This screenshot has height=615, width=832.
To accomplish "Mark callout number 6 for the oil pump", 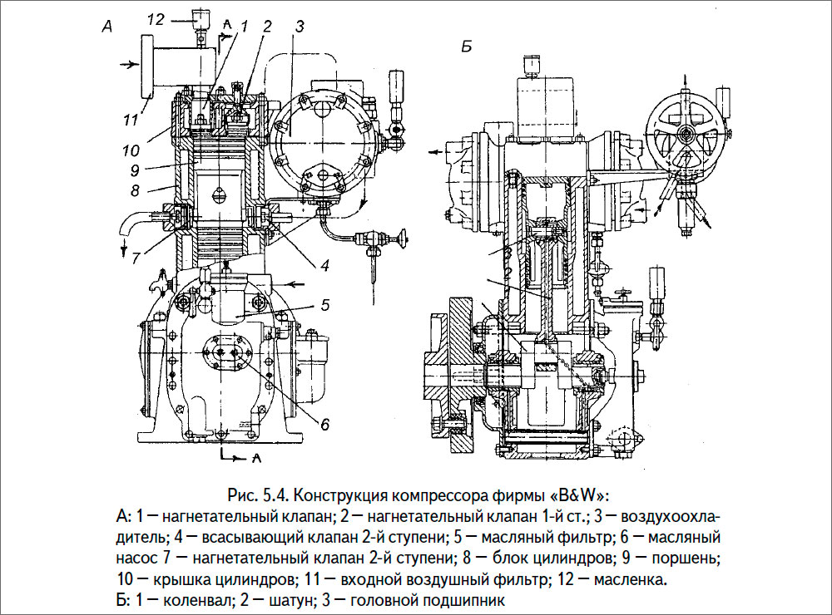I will (324, 424).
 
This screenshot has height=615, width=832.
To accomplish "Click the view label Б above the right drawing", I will (467, 48).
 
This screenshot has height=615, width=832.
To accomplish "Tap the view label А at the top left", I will (106, 27).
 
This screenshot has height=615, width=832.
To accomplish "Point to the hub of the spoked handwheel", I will (687, 134).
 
